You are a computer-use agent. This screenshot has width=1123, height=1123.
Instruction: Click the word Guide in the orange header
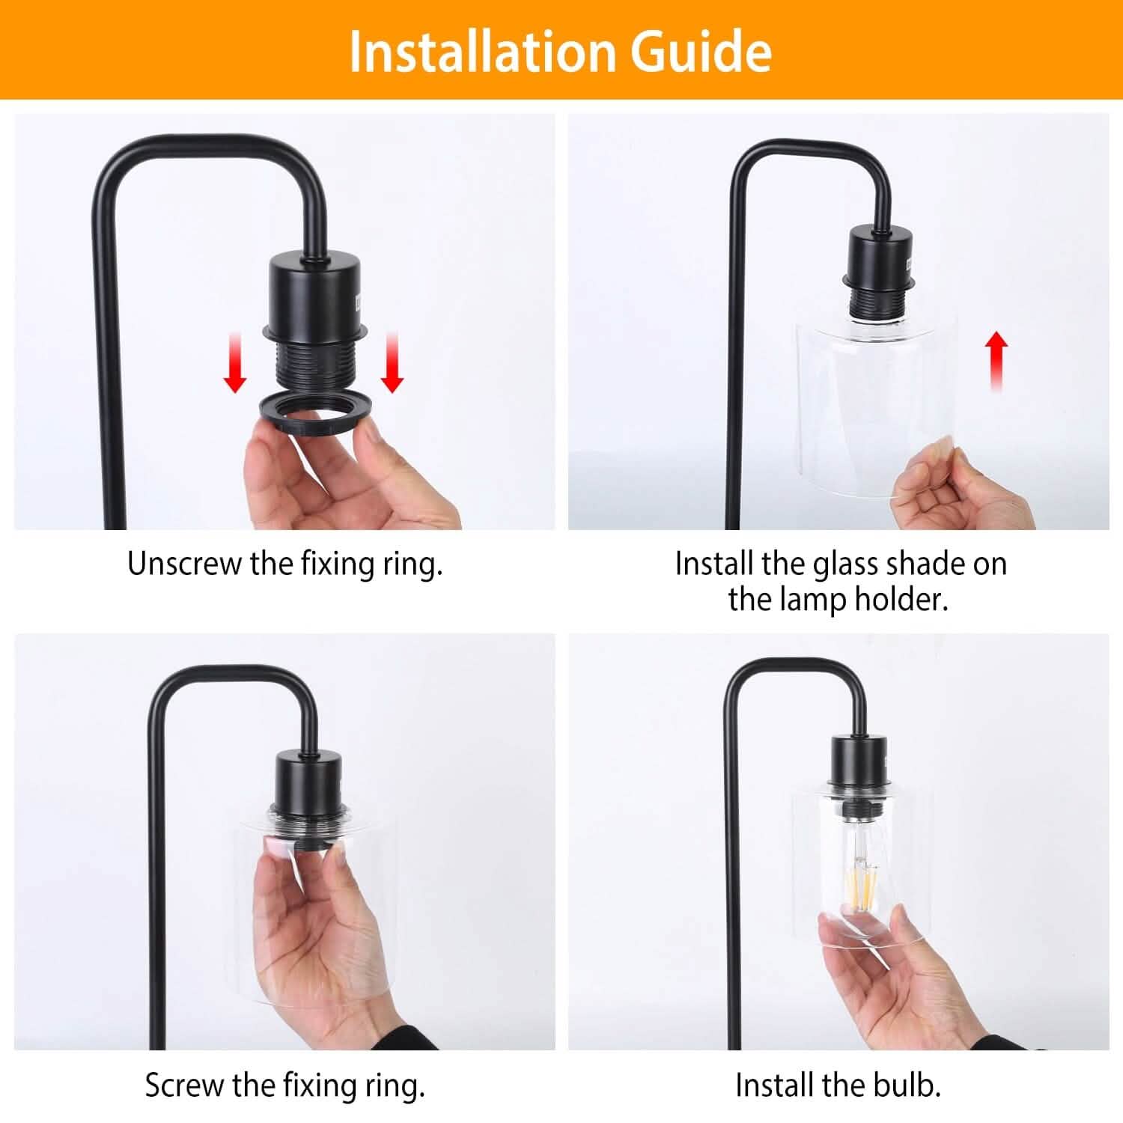[701, 51]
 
